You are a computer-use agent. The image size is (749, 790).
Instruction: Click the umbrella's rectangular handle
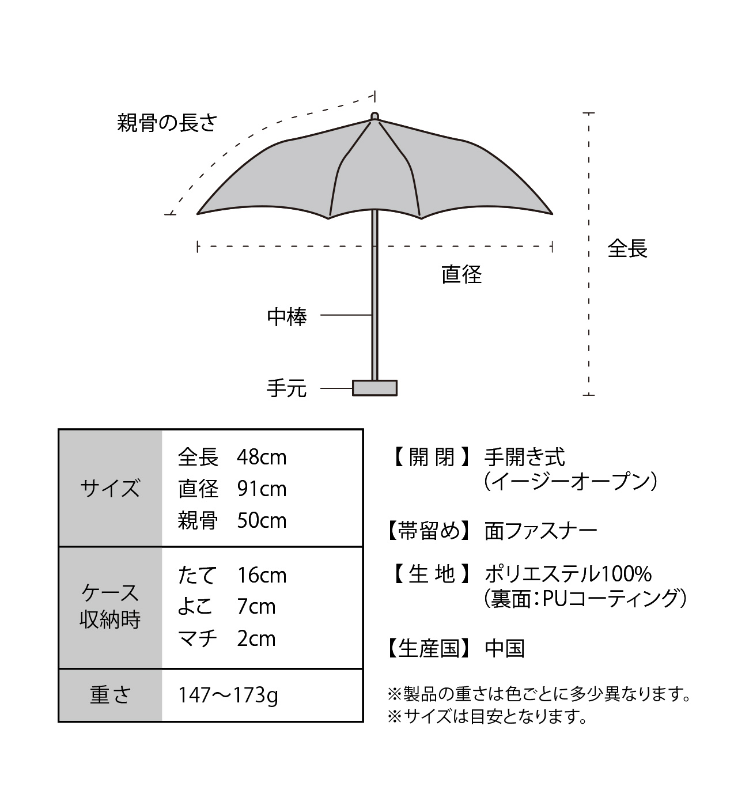374,388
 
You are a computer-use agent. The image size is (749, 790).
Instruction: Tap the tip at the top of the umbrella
374,116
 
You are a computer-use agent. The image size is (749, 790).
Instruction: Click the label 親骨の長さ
167,123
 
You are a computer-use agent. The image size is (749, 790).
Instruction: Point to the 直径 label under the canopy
461,275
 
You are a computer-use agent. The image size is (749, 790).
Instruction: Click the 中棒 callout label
287,317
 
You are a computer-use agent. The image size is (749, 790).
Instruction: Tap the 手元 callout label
286,388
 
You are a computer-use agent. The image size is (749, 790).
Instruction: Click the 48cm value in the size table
262,458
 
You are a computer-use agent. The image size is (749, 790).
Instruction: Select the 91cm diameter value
262,489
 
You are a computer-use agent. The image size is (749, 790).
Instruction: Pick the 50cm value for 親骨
262,520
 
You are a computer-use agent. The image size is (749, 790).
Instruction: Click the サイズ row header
110,488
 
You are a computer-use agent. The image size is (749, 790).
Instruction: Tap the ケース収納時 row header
110,606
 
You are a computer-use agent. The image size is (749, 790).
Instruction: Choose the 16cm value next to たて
262,575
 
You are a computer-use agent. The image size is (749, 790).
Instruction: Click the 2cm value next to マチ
256,638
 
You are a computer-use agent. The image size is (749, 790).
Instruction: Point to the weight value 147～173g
228,695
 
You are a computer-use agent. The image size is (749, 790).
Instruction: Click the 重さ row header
110,695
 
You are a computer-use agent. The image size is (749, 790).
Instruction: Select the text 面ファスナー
541,531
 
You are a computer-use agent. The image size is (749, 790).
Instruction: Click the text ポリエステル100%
568,574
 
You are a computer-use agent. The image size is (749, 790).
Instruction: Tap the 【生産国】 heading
428,648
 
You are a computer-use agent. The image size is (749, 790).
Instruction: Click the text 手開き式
525,457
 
